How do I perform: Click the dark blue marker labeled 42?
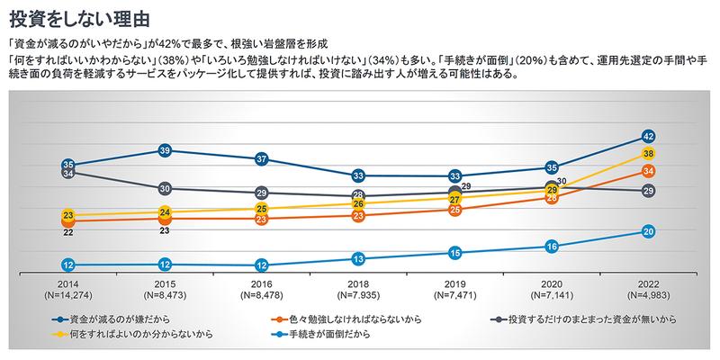point(647,137)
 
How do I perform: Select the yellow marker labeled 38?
point(647,154)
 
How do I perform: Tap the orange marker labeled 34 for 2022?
point(647,171)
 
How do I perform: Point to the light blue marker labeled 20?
point(647,231)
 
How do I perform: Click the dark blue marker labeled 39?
point(164,149)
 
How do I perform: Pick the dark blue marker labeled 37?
point(261,158)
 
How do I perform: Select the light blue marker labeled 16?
point(552,246)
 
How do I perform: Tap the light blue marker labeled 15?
point(454,253)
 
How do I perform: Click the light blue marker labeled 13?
point(358,259)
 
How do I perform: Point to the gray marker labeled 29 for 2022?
point(647,191)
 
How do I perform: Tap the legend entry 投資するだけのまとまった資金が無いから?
point(585,319)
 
